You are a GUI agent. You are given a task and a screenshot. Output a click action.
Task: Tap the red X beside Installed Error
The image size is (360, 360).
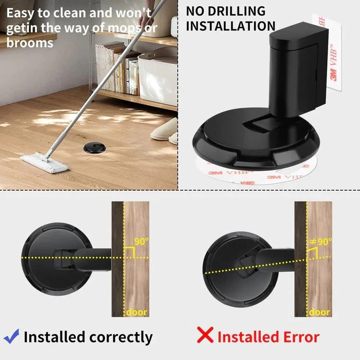point(206,335)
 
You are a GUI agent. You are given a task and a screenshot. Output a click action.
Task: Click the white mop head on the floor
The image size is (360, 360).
point(45,163)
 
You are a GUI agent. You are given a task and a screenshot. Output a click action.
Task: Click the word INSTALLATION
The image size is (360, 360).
point(230,26)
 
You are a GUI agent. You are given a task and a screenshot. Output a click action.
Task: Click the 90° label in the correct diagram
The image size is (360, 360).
point(140,240)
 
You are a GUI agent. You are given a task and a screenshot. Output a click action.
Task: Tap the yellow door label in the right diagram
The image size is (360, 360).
point(319,312)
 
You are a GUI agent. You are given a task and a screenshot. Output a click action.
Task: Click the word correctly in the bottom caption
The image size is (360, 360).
point(121,337)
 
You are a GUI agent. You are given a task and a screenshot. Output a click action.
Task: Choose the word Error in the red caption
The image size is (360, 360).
point(298,337)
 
